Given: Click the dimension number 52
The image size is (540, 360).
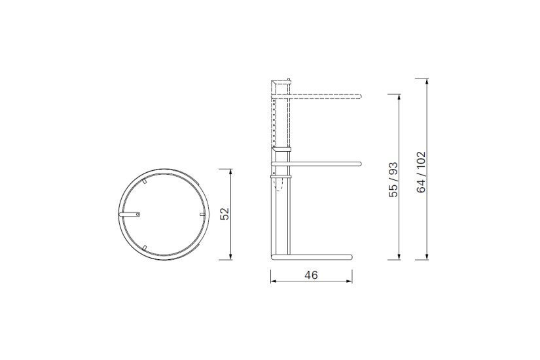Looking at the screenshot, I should pos(225,214).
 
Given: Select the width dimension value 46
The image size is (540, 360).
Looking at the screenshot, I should pos(311,275).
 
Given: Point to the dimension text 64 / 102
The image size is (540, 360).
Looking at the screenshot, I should pos(422,171).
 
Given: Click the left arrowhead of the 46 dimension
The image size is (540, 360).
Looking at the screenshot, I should pos(273,283).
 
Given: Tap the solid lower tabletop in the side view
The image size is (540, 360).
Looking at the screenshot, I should pos(321,161).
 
